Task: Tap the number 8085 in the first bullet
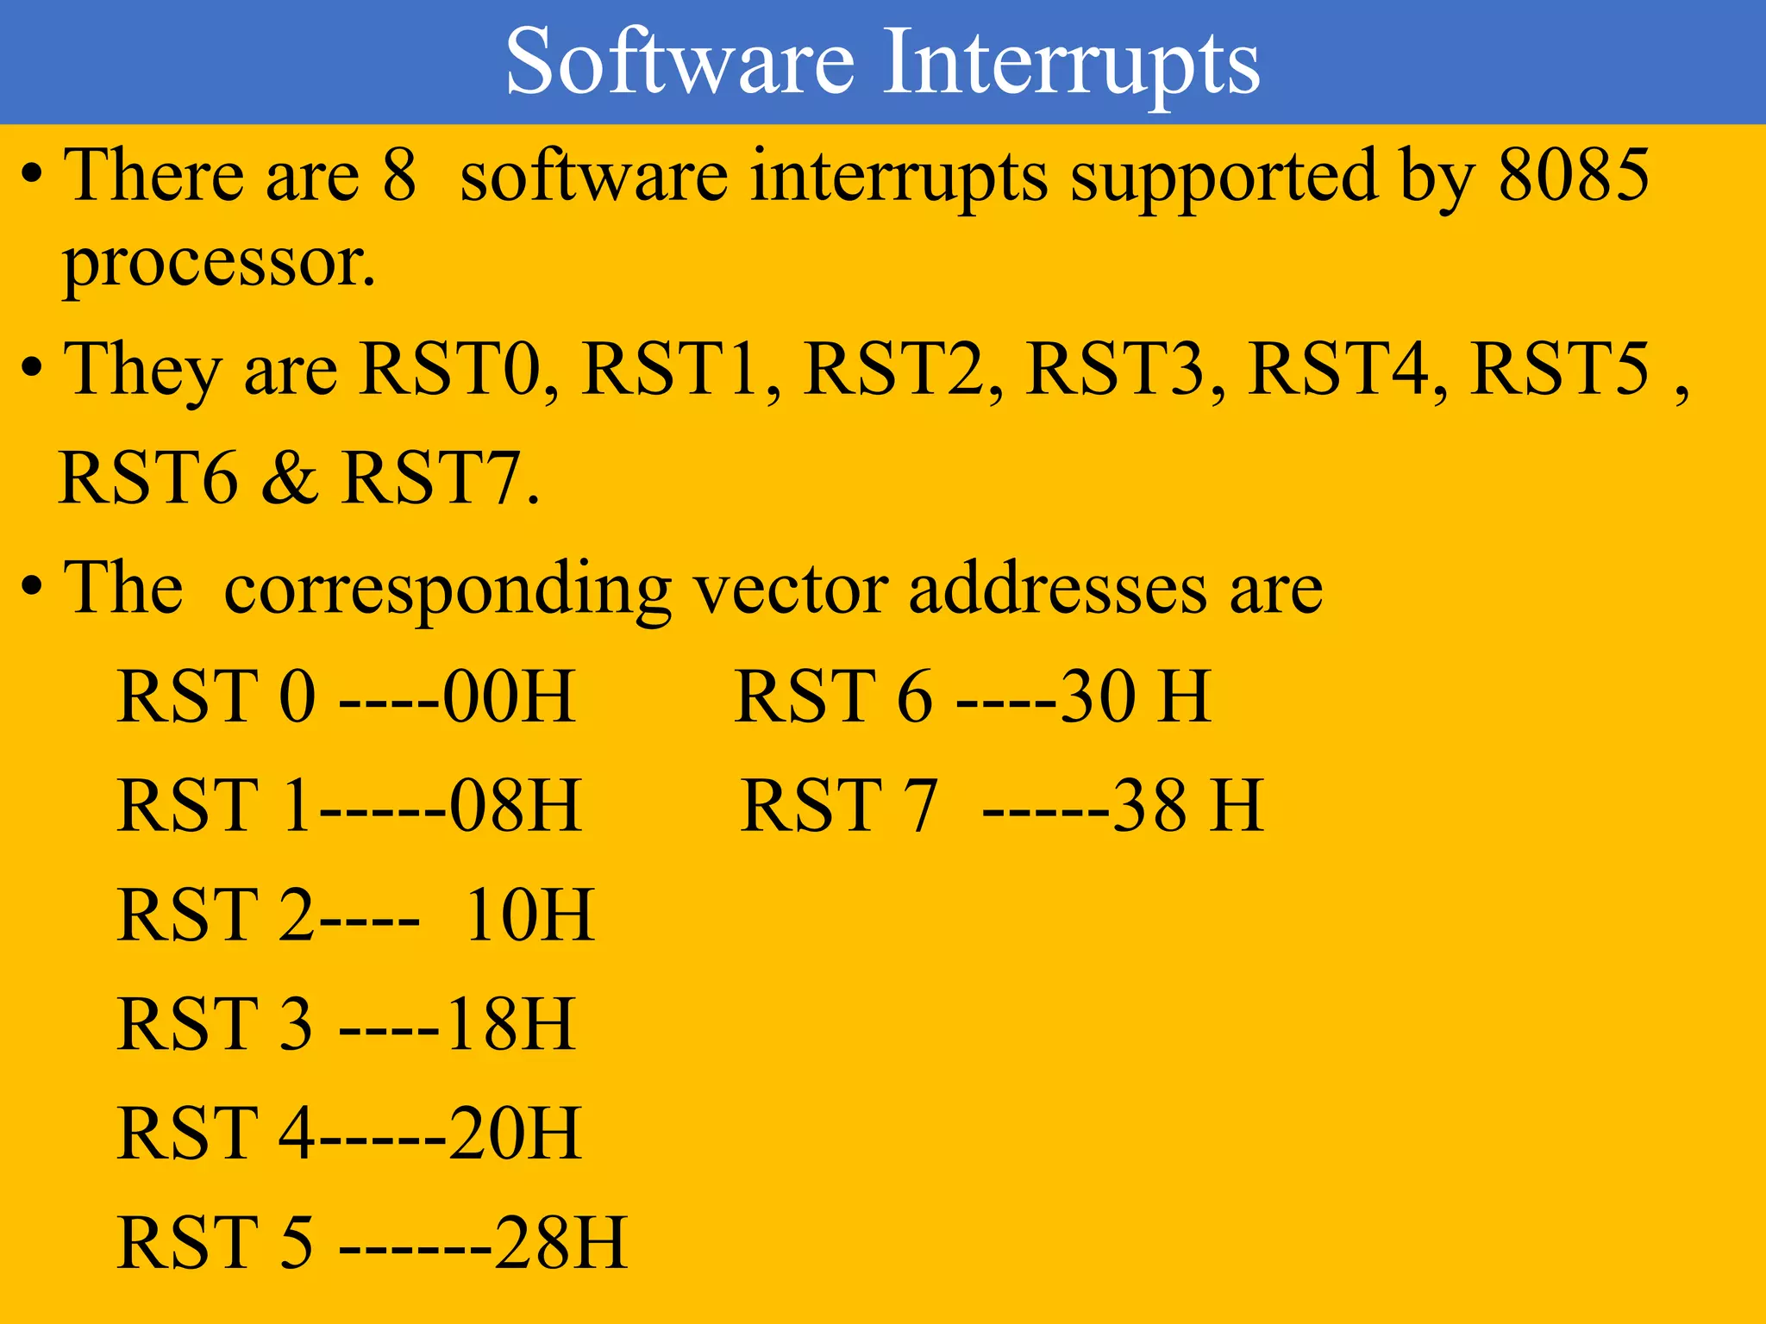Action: (x=1574, y=175)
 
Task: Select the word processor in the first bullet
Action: (x=219, y=264)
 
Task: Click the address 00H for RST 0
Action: (x=509, y=696)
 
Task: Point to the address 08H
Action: (x=516, y=805)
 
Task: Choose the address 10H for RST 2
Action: (x=529, y=915)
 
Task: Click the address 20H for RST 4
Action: (x=516, y=1133)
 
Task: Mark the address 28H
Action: (x=560, y=1242)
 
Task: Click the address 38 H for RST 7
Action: (x=1188, y=805)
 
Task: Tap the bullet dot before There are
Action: (x=32, y=175)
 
